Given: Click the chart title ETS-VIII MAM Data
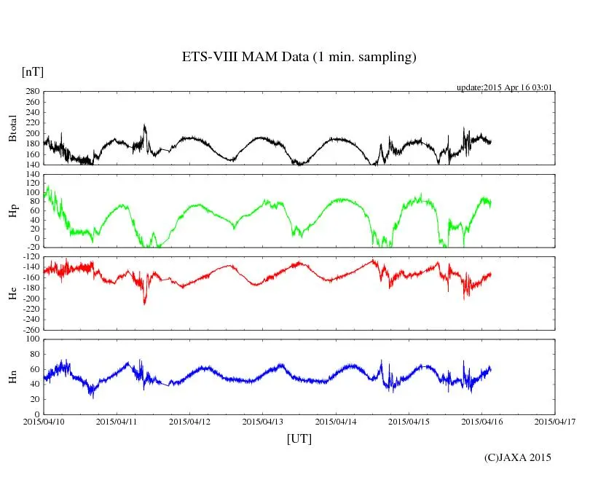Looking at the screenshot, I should click(x=299, y=58).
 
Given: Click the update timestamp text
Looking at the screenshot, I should click(x=504, y=87).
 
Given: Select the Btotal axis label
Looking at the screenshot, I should click(x=12, y=129).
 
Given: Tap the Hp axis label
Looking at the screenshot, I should click(x=12, y=212).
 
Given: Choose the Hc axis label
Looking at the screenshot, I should click(x=12, y=293).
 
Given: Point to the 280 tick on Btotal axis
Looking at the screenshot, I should click(x=31, y=92).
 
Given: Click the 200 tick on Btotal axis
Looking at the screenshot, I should click(x=31, y=133).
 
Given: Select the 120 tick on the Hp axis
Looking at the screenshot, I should click(x=31, y=175).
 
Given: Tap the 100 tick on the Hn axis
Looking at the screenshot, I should click(x=31, y=339).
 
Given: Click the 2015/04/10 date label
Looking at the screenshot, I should click(x=44, y=422).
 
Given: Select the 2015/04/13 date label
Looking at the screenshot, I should click(x=264, y=422).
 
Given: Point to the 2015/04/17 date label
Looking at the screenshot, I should click(x=555, y=422).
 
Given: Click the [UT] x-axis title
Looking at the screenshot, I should click(x=299, y=438).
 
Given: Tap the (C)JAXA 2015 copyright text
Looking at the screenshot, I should click(x=518, y=457).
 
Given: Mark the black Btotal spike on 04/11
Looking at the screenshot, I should click(x=144, y=127).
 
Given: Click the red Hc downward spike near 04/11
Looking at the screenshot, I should click(x=144, y=301).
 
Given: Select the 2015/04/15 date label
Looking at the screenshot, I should click(x=409, y=422).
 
